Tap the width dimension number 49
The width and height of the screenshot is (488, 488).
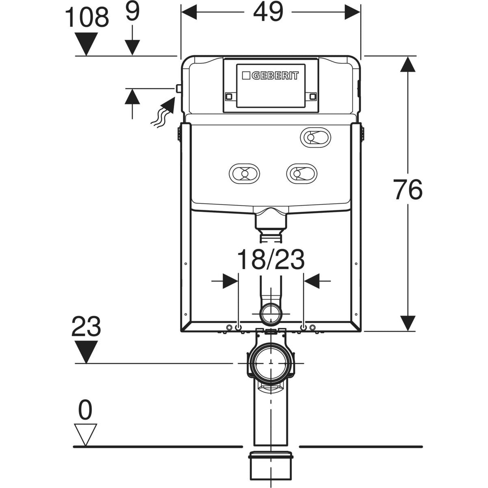[268, 12]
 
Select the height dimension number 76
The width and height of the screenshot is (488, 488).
[408, 190]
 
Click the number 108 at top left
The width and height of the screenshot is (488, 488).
[87, 17]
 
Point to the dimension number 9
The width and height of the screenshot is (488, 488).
[133, 12]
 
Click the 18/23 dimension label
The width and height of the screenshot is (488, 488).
[271, 259]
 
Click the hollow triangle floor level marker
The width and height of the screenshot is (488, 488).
[85, 435]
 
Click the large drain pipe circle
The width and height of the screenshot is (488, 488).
[271, 363]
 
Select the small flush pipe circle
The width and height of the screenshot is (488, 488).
[271, 314]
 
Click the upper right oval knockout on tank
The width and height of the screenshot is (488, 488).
[316, 137]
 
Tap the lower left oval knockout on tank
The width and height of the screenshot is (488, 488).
[244, 174]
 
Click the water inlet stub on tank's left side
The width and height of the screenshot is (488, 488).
[179, 88]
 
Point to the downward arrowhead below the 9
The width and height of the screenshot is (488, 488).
[132, 47]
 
